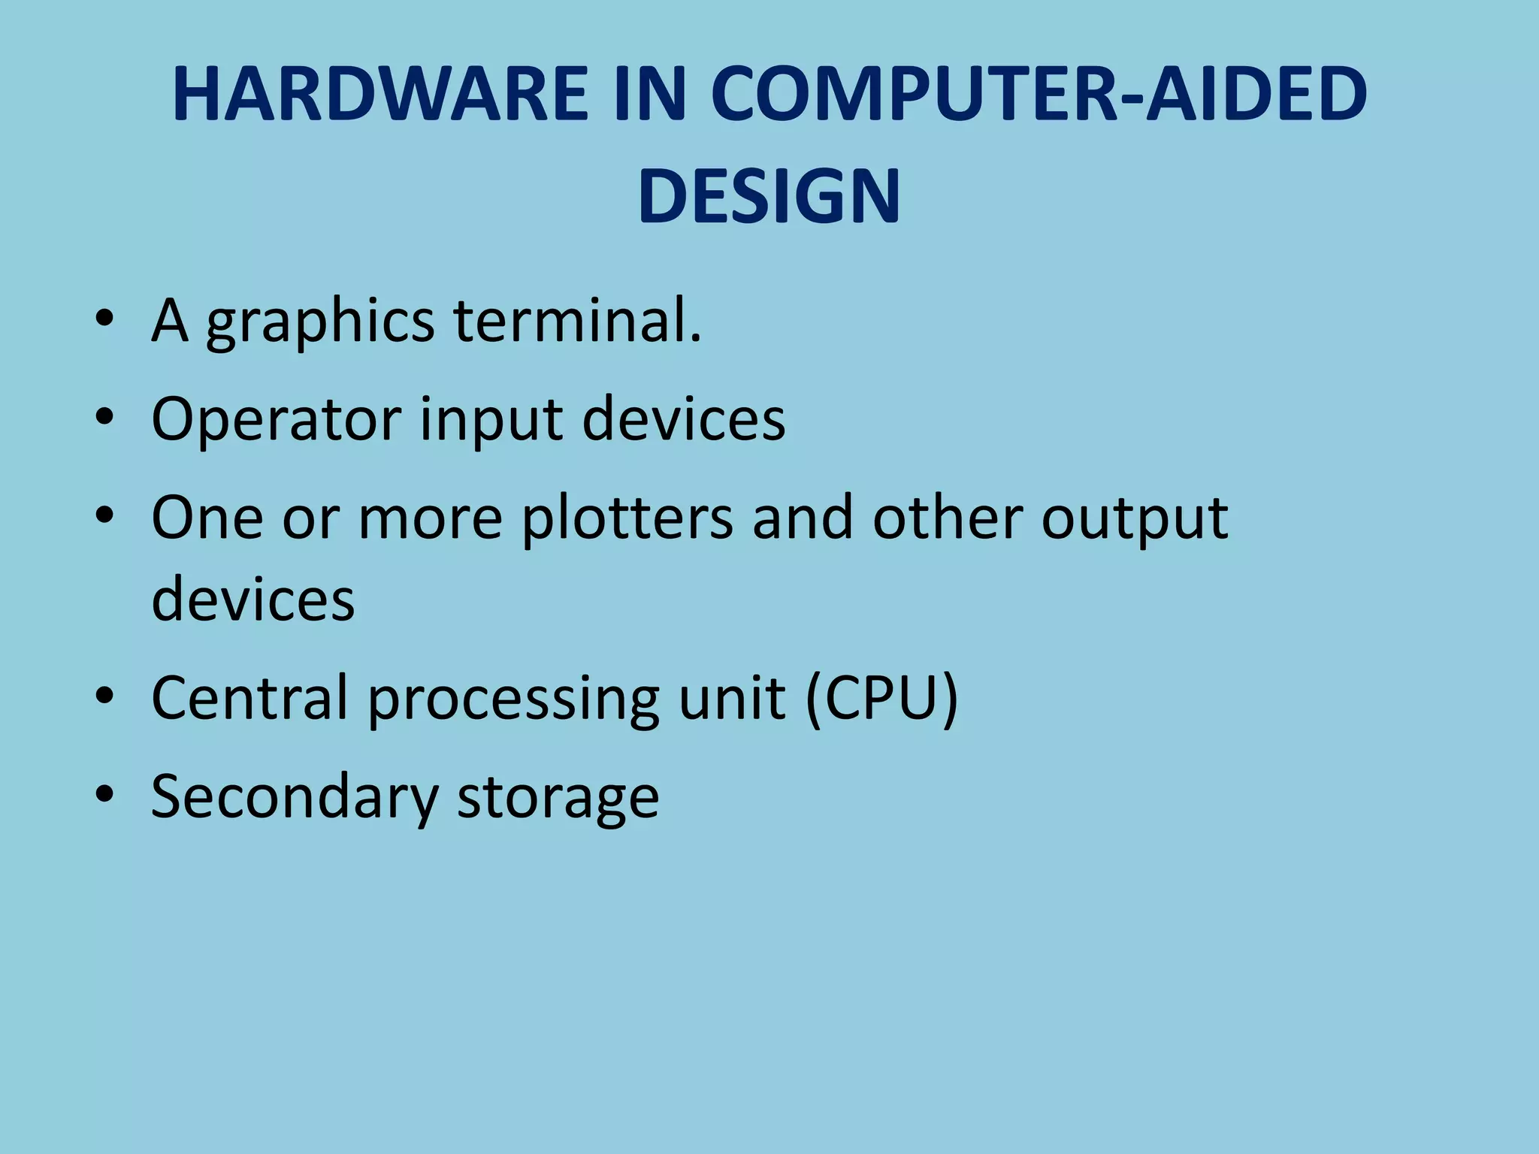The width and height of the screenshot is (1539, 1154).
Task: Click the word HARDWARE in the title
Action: [380, 95]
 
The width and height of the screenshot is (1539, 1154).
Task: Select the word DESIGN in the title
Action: [769, 197]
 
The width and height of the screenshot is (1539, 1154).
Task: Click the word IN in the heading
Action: [650, 95]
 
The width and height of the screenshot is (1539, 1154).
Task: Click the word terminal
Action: [577, 321]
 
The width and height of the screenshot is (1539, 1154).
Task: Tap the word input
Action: [491, 421]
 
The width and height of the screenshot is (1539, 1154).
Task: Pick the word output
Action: [1134, 520]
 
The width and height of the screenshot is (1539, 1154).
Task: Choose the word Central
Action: [249, 698]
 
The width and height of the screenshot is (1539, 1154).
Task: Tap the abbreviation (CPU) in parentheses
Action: [881, 699]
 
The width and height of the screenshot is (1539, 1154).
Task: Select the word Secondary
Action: [294, 798]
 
